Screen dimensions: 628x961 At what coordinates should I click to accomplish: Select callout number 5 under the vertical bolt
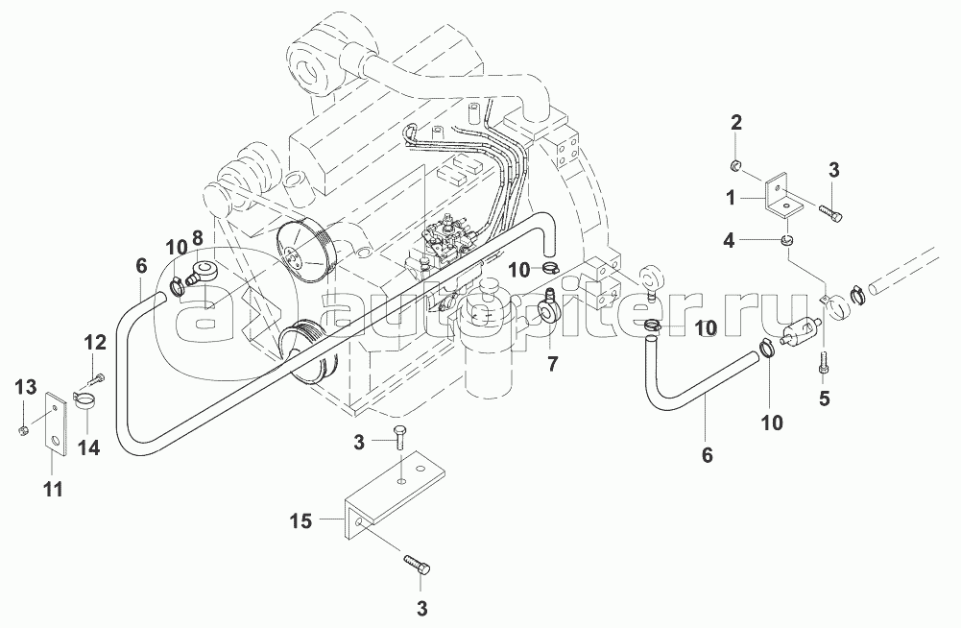tap(824, 397)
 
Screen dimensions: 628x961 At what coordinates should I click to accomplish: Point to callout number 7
tap(551, 365)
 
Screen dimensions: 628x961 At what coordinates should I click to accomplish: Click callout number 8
tap(197, 239)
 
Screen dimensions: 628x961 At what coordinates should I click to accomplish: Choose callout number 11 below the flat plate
tap(53, 489)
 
